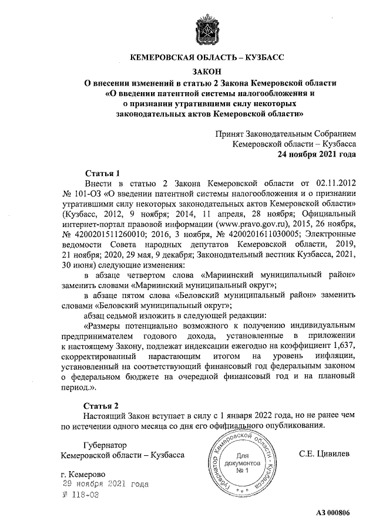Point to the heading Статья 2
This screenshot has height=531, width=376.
point(102,405)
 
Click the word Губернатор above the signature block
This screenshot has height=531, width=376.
point(97,445)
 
